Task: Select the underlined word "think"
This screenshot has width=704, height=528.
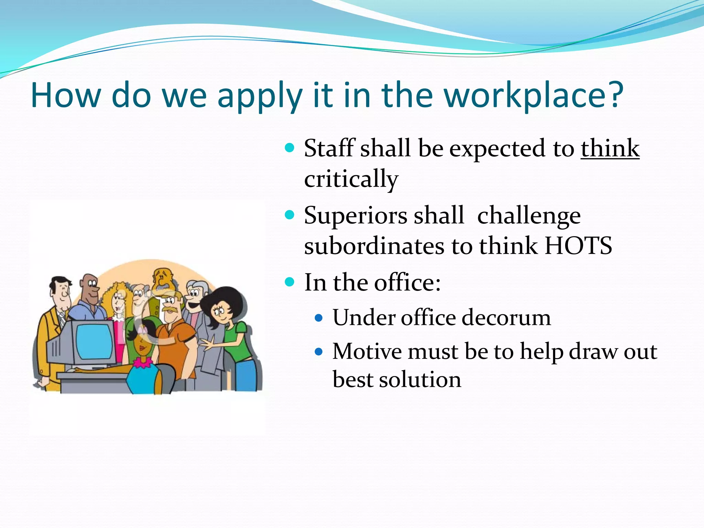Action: point(610,148)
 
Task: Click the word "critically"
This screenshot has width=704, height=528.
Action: point(351,179)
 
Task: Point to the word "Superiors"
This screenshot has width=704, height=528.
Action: point(355,216)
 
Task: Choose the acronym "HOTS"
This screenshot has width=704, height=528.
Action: point(579,246)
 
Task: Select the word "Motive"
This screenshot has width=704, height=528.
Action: point(366,351)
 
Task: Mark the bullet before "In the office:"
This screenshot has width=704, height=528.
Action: point(290,282)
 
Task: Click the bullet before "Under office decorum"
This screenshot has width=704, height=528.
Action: point(319,318)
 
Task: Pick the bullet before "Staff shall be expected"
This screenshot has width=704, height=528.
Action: point(290,148)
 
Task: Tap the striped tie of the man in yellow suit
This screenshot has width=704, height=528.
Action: point(62,319)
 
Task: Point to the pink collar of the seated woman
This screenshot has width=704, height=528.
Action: point(143,362)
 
